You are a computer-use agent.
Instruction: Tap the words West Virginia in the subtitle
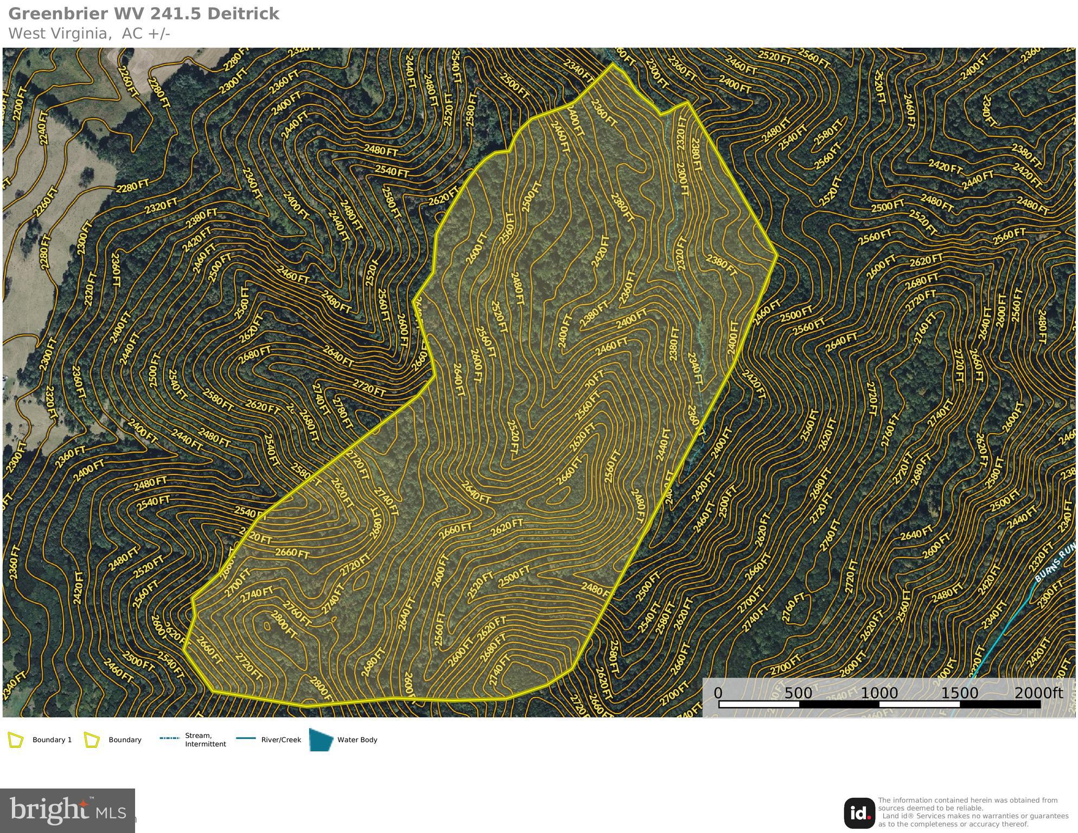click(x=57, y=33)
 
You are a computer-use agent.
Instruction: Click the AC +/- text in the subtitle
click(x=146, y=33)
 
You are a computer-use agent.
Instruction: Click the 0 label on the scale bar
click(x=718, y=693)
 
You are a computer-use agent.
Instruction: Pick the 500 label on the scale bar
click(x=798, y=693)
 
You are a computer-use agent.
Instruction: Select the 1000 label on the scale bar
click(x=879, y=693)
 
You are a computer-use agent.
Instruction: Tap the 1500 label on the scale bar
click(x=959, y=693)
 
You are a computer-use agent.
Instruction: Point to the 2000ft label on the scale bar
click(x=1038, y=693)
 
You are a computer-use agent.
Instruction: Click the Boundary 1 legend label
click(x=52, y=740)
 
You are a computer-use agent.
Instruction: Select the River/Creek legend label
click(x=281, y=740)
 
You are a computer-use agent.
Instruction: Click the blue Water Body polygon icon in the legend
click(x=321, y=740)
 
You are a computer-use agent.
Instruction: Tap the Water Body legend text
click(x=357, y=740)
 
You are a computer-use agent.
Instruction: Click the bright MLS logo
click(x=67, y=810)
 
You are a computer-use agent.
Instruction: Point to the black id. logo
click(x=859, y=812)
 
